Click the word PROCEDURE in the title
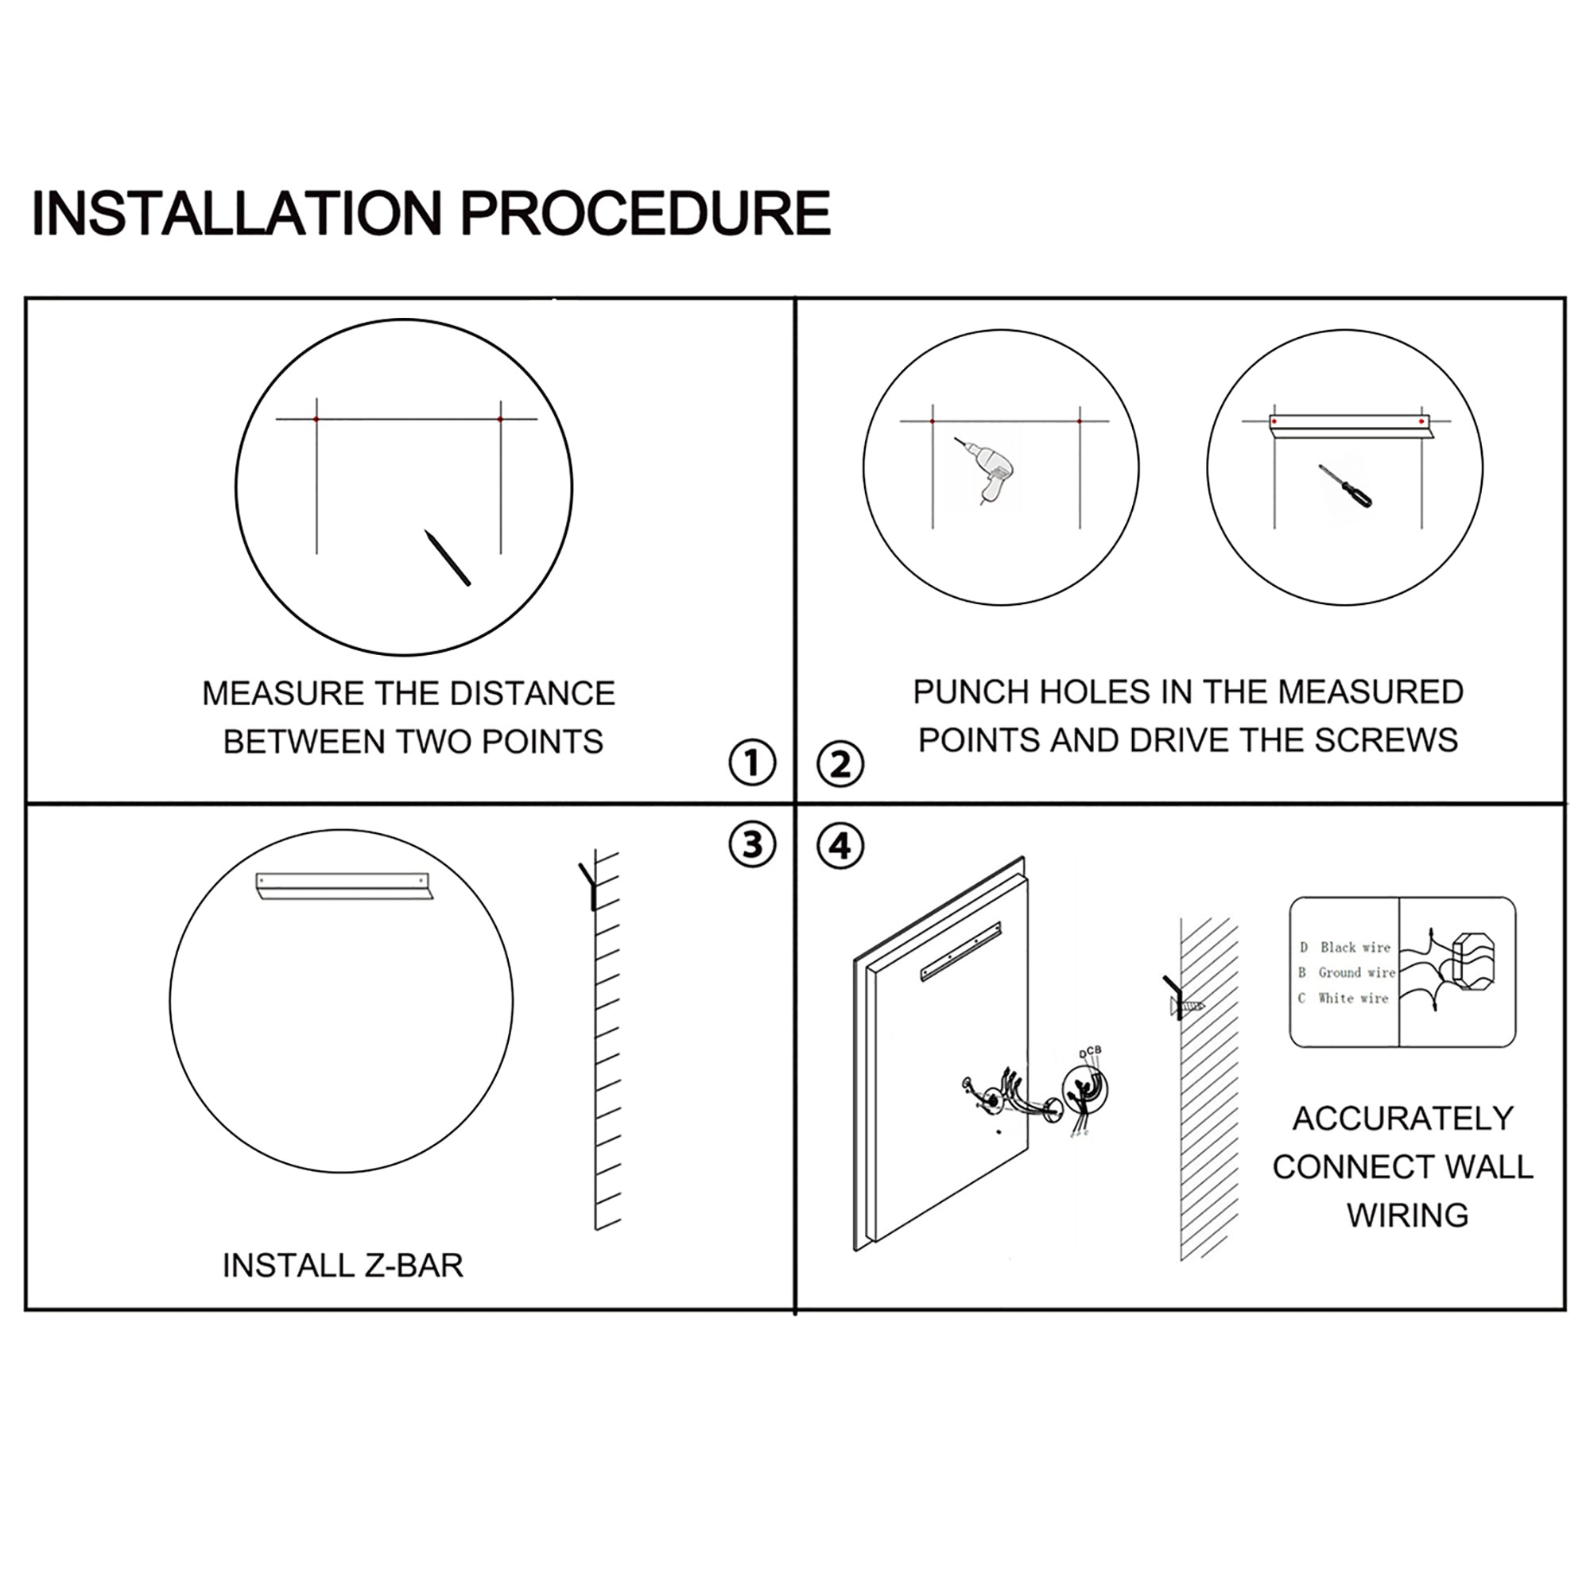point(645,213)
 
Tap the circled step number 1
point(752,763)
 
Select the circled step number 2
point(840,765)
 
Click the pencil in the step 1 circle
point(447,557)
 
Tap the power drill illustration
point(985,469)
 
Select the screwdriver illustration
point(1346,487)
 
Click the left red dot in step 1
point(316,420)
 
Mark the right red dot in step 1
point(500,420)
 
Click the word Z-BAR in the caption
point(414,1266)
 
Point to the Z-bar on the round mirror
point(343,886)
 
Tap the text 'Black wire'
point(1355,948)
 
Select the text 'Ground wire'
point(1357,973)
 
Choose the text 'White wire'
point(1353,999)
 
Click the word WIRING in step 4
point(1408,1216)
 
